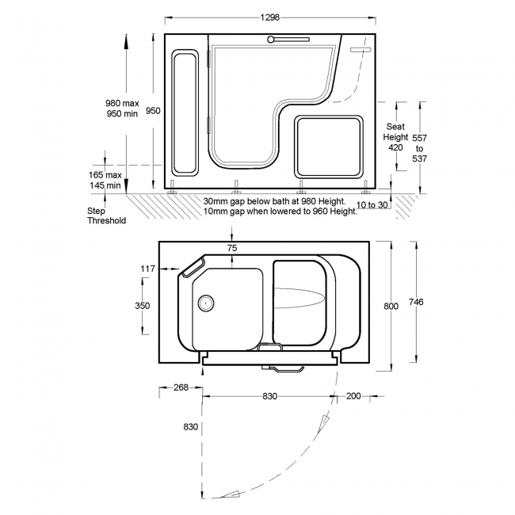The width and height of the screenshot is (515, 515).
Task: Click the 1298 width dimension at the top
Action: (x=270, y=17)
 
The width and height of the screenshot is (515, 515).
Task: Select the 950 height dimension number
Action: (x=153, y=111)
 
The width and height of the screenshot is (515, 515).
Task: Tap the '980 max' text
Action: (x=122, y=103)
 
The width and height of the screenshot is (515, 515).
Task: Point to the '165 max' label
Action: (x=105, y=175)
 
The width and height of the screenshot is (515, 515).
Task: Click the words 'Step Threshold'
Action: (x=106, y=216)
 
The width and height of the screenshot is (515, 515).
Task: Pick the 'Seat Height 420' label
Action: (x=395, y=137)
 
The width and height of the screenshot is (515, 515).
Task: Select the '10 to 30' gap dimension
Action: (x=372, y=205)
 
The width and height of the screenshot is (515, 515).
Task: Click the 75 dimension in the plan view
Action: (x=232, y=248)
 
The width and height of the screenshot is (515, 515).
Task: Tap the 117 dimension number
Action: (x=147, y=269)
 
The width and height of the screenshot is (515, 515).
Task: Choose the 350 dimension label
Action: (x=142, y=306)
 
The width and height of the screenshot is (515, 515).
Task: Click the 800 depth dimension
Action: (x=391, y=306)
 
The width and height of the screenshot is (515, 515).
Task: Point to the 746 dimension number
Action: (x=416, y=302)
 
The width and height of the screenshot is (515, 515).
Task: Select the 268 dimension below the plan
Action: (x=181, y=387)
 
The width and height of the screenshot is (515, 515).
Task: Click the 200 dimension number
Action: (x=353, y=396)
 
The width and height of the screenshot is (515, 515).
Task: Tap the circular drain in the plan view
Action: (x=206, y=303)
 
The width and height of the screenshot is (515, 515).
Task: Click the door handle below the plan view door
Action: (x=283, y=368)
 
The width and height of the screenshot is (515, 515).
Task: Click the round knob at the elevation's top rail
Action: (x=271, y=40)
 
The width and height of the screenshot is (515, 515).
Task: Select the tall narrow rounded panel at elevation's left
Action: (x=185, y=113)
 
